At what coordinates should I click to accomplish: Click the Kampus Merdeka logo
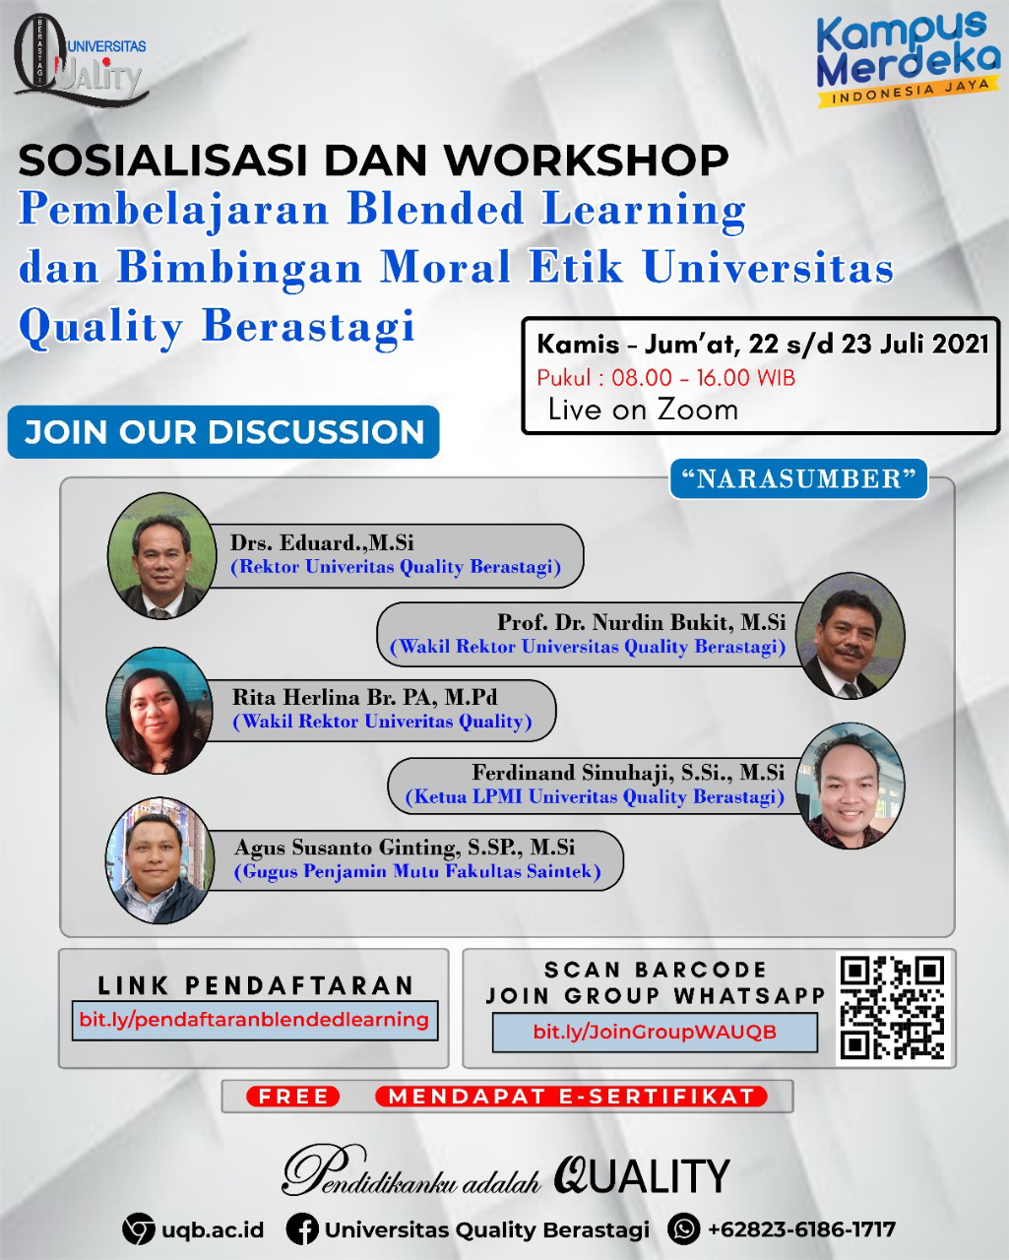point(908,57)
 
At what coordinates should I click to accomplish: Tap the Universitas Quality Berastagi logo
point(81,60)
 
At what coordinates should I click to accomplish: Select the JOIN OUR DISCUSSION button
point(223,432)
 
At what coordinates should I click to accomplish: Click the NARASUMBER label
point(798,479)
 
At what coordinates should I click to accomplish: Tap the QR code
point(893,1008)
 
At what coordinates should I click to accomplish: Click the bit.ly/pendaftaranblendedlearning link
point(254,1020)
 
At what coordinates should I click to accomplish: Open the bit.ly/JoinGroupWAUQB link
point(654,1032)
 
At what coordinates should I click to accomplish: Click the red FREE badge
point(292,1096)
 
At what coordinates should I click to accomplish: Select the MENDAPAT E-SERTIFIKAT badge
point(571,1096)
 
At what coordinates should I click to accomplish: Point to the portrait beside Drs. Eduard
point(161,555)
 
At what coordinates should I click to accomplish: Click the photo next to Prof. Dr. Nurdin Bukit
point(850,636)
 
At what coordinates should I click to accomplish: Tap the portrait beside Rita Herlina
point(159,710)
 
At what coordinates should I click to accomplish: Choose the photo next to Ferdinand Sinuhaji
point(850,786)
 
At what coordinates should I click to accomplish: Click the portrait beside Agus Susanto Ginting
point(159,860)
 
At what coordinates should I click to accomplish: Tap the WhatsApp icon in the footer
point(683,1228)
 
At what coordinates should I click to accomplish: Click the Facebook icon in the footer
point(302,1228)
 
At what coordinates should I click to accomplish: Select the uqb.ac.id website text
point(213,1229)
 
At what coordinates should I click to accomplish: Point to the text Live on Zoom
point(643,409)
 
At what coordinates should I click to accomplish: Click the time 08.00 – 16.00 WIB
point(703,378)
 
